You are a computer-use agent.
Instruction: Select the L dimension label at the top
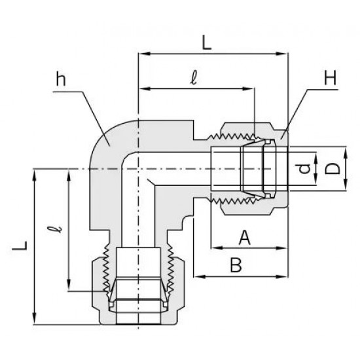point(206,45)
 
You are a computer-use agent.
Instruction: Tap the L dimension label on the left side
point(23,246)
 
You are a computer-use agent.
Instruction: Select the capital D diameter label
point(334,170)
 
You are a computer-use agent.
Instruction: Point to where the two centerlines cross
point(139,170)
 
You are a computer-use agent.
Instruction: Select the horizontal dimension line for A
point(249,248)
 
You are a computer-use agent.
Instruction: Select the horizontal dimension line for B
point(242,276)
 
